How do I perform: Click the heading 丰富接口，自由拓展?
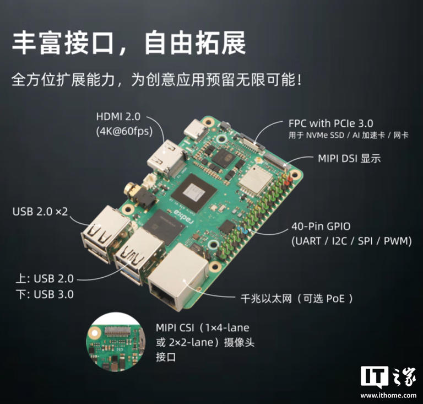129,43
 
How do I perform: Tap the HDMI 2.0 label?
118,117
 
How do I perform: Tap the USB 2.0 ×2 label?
40,212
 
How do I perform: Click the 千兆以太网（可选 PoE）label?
296,298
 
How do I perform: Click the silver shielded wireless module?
255,179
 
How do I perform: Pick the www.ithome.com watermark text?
388,395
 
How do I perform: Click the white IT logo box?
374,376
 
